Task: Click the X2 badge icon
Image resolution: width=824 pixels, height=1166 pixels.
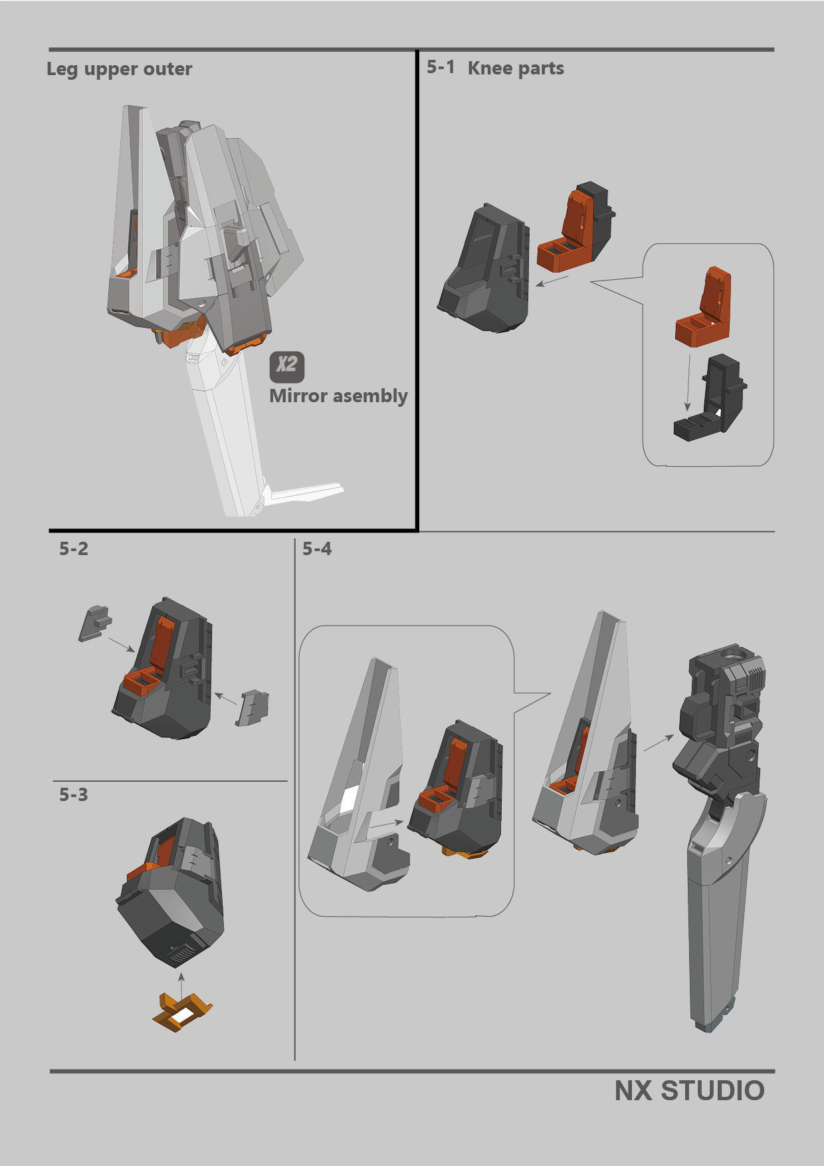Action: [287, 367]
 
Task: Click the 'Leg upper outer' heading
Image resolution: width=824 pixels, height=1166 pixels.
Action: [120, 69]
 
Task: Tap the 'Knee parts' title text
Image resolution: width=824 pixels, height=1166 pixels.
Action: [516, 68]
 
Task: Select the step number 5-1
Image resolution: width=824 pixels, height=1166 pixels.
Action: [441, 67]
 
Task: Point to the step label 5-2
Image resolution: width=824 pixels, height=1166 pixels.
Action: [74, 549]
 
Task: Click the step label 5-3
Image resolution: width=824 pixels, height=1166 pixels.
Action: [74, 795]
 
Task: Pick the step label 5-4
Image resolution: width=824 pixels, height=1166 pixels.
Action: [317, 549]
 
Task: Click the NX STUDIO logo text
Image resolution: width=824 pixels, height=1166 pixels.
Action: [689, 1091]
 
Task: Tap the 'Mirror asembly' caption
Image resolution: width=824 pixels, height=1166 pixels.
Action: [338, 396]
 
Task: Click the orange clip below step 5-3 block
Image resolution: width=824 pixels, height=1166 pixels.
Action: [182, 1012]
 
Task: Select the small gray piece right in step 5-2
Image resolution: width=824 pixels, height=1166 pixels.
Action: [253, 707]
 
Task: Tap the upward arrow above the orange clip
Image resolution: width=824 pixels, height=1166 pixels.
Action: [181, 983]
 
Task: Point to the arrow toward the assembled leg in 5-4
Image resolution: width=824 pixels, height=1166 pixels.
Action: [658, 743]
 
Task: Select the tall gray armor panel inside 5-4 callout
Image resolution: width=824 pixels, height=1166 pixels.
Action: [359, 784]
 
